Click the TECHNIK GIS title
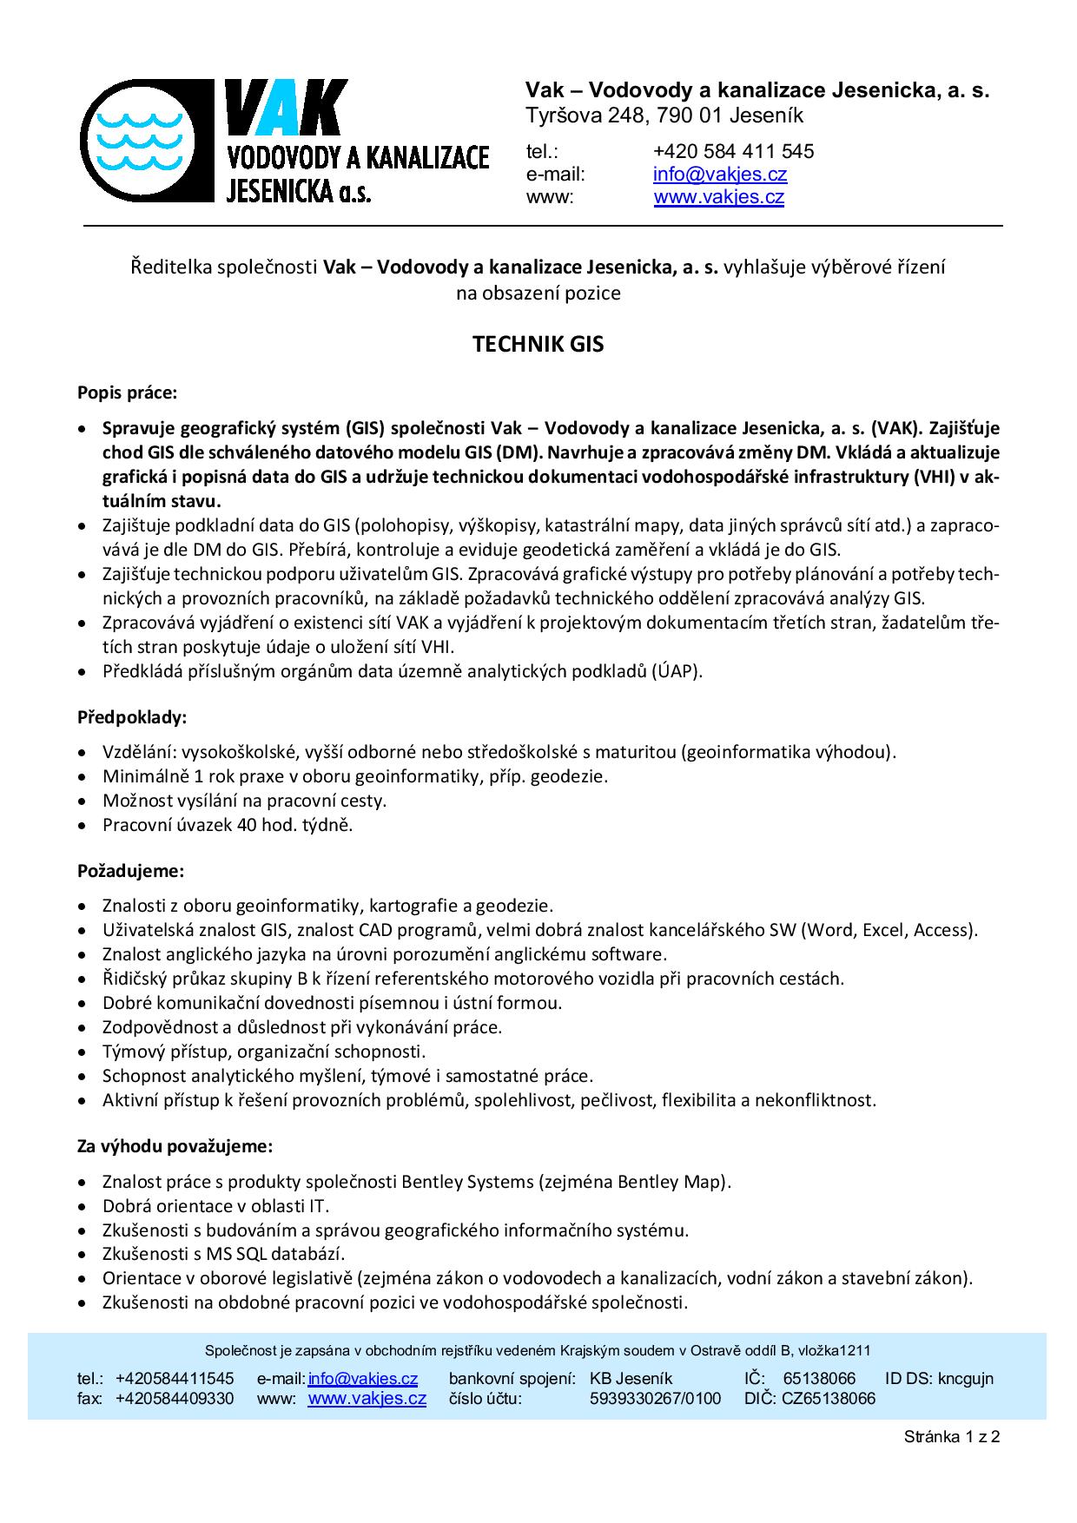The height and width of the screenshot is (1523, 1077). pyautogui.click(x=538, y=345)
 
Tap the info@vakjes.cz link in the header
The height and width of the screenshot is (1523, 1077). pyautogui.click(x=720, y=174)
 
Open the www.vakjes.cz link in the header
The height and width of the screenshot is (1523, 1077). pyautogui.click(x=718, y=197)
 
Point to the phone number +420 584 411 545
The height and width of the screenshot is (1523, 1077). pyautogui.click(x=733, y=151)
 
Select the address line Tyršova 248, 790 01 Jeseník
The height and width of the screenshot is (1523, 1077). pyautogui.click(x=664, y=115)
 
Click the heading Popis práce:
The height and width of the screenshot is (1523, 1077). pyautogui.click(x=127, y=392)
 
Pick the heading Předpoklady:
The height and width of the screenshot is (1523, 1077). pyautogui.click(x=132, y=717)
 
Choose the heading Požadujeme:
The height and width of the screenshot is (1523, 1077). pyautogui.click(x=130, y=870)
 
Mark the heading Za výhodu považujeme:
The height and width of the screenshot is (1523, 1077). pyautogui.click(x=175, y=1146)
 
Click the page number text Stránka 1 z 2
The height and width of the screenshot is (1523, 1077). pyautogui.click(x=952, y=1436)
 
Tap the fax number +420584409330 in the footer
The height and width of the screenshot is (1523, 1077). pyautogui.click(x=175, y=1398)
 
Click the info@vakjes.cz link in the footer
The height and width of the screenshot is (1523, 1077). pyautogui.click(x=363, y=1378)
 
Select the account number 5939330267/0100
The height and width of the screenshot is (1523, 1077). pyautogui.click(x=655, y=1398)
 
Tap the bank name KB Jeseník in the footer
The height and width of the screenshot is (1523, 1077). pyautogui.click(x=631, y=1378)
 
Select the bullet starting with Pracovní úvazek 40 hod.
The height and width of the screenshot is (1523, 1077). pyautogui.click(x=228, y=825)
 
